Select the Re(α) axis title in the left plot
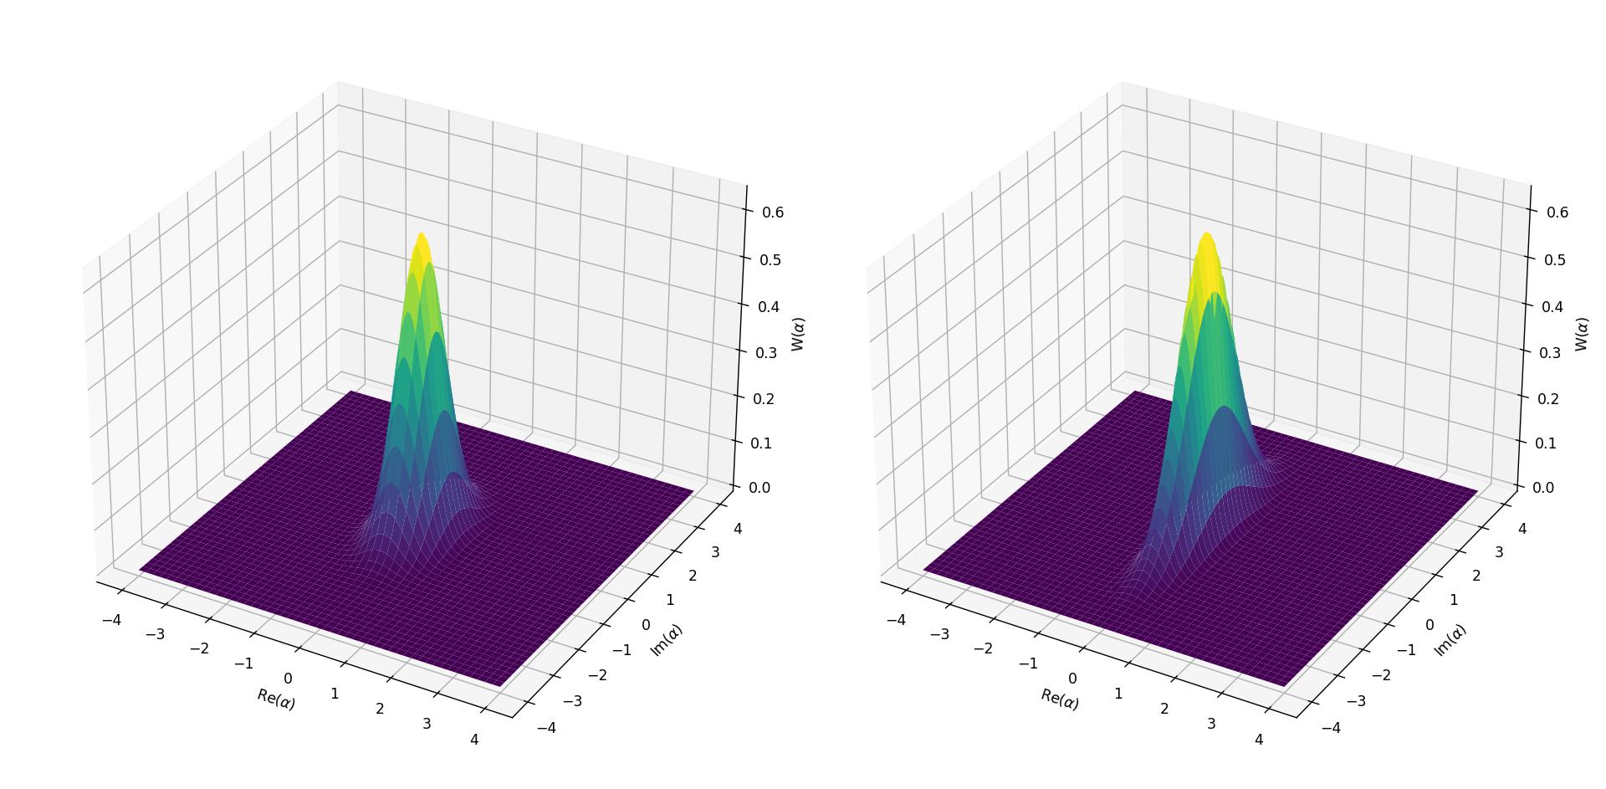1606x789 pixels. pyautogui.click(x=276, y=699)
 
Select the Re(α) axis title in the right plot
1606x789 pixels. pyautogui.click(x=1060, y=699)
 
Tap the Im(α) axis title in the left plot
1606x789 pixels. pyautogui.click(x=667, y=640)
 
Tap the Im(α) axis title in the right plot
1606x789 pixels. pyautogui.click(x=1450, y=640)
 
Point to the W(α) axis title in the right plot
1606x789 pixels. pyautogui.click(x=1581, y=334)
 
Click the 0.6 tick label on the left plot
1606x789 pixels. pyautogui.click(x=772, y=213)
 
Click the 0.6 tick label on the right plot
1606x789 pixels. pyautogui.click(x=1557, y=213)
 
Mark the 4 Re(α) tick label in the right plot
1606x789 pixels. pyautogui.click(x=1259, y=740)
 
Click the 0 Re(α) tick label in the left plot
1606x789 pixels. pyautogui.click(x=289, y=679)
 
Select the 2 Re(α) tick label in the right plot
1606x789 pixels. pyautogui.click(x=1164, y=709)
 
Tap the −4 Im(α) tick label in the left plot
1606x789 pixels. pyautogui.click(x=546, y=728)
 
